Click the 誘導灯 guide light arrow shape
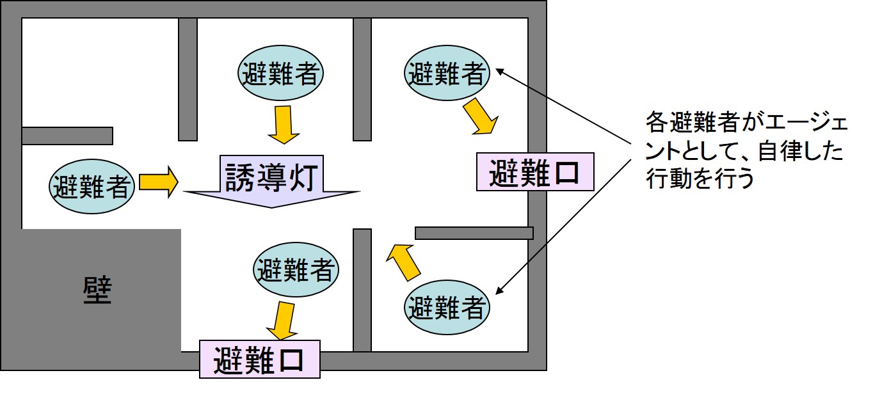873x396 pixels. click(x=273, y=182)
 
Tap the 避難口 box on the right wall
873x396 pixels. click(x=534, y=172)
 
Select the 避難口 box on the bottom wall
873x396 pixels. click(x=259, y=359)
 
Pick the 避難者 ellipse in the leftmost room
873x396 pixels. click(x=92, y=186)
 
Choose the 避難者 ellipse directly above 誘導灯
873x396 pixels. click(x=280, y=74)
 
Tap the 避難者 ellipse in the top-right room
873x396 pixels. click(x=447, y=74)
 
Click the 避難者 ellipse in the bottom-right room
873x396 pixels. click(x=447, y=308)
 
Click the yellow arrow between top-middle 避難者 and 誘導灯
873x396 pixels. click(x=283, y=125)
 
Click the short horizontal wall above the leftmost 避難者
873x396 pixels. click(x=67, y=136)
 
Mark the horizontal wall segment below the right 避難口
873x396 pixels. click(x=474, y=233)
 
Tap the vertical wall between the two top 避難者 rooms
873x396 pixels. click(x=362, y=79)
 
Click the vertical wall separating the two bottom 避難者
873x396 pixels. click(x=362, y=289)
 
